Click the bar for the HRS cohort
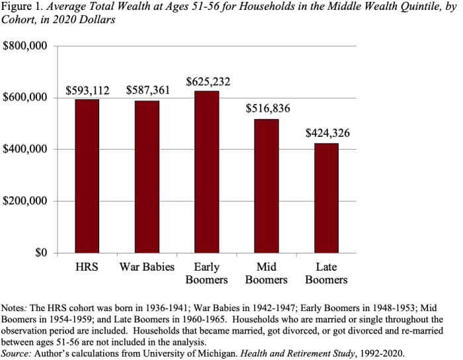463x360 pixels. click(87, 176)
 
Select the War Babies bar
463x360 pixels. click(147, 177)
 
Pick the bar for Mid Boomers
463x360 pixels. click(267, 186)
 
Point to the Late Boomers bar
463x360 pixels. click(326, 198)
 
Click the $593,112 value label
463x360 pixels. click(87, 90)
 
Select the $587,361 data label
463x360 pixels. click(147, 90)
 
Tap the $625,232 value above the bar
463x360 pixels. click(207, 81)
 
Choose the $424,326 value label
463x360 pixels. click(327, 133)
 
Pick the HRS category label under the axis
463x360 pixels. click(87, 267)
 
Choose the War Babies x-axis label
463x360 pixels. click(147, 267)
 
